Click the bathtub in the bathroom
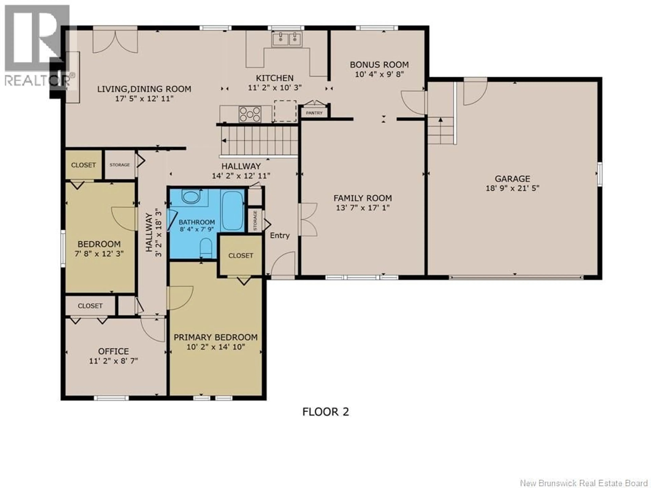[x=232, y=210]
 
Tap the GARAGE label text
[x=512, y=179]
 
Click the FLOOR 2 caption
[x=325, y=412]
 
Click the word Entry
[x=280, y=235]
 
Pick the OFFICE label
[x=113, y=351]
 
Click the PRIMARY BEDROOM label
[x=215, y=337]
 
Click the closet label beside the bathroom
[x=240, y=255]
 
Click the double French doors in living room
[x=115, y=41]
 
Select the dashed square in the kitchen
[x=285, y=111]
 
